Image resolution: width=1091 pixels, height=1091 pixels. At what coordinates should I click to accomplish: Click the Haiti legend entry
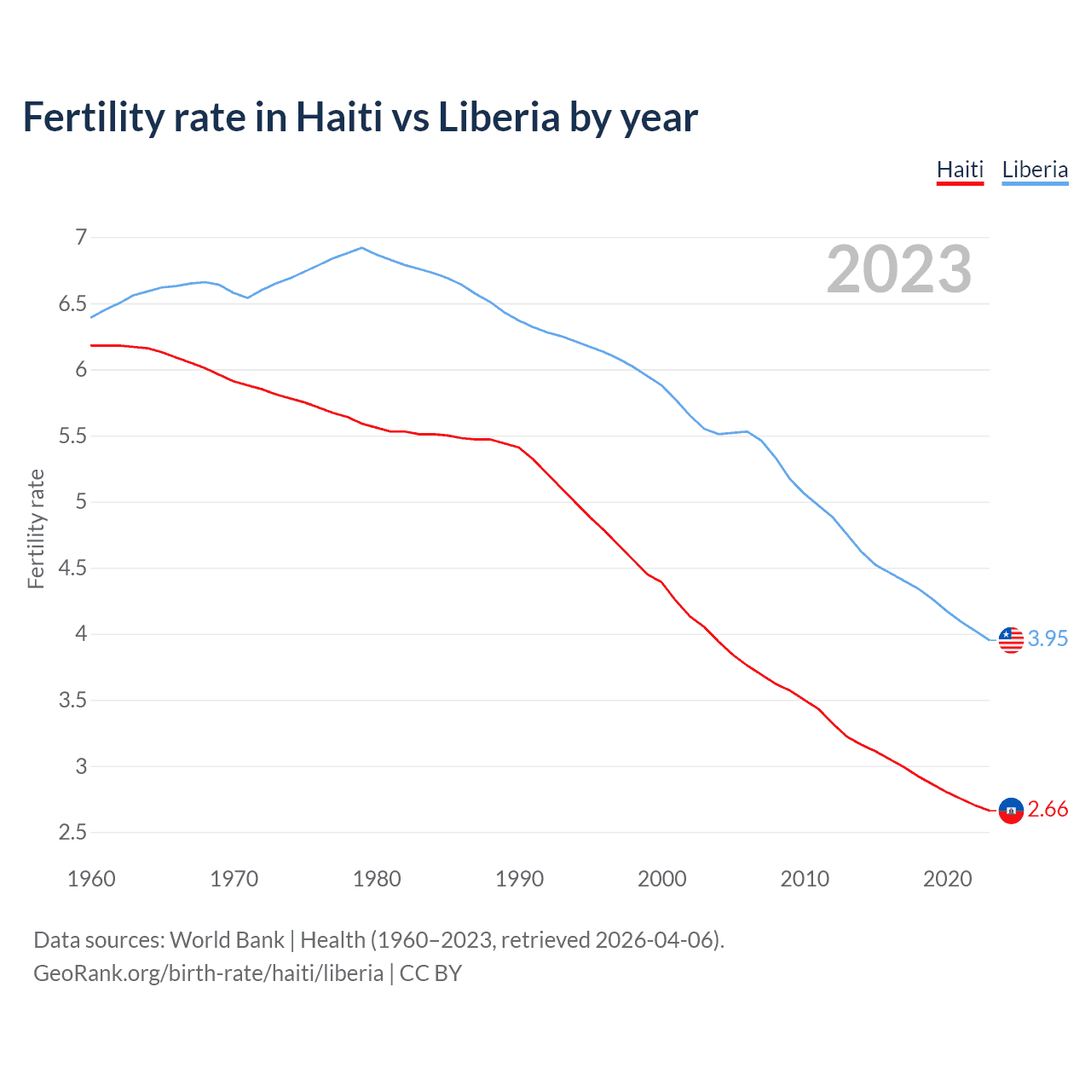(x=960, y=170)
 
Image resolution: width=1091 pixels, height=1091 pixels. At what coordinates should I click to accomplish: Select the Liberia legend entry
(x=1035, y=170)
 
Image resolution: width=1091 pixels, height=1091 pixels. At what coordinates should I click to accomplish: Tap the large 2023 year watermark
(x=899, y=270)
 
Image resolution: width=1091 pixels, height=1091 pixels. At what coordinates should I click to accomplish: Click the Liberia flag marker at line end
(x=1011, y=639)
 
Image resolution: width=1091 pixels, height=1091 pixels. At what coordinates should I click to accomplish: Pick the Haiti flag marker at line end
(x=1011, y=810)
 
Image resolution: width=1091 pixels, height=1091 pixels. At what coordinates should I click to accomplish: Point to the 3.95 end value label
(x=1048, y=638)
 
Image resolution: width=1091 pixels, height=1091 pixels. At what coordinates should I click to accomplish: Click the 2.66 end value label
(x=1048, y=809)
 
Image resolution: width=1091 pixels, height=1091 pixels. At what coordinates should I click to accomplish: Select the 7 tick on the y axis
(x=81, y=237)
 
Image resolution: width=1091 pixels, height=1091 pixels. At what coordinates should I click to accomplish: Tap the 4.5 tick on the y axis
(x=72, y=568)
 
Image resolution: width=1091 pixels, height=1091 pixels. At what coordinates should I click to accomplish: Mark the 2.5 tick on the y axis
(x=72, y=832)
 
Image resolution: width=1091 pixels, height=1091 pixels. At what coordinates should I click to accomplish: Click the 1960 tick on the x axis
(x=91, y=879)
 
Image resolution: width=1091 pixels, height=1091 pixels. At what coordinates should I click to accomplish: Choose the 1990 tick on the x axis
(x=519, y=879)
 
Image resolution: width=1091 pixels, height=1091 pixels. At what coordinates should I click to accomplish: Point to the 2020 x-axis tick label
(x=947, y=879)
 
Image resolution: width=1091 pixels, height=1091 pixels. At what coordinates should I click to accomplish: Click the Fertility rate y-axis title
(x=36, y=528)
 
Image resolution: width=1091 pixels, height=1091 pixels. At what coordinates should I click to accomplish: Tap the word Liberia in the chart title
(x=499, y=118)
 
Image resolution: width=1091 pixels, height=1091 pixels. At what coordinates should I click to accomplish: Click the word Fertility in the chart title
(x=93, y=118)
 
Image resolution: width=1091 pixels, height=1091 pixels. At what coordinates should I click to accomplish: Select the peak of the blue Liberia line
(x=362, y=248)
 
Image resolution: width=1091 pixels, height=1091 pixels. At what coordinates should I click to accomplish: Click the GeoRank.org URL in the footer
(x=208, y=973)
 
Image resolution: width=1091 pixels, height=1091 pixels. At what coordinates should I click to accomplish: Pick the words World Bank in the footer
(x=227, y=940)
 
